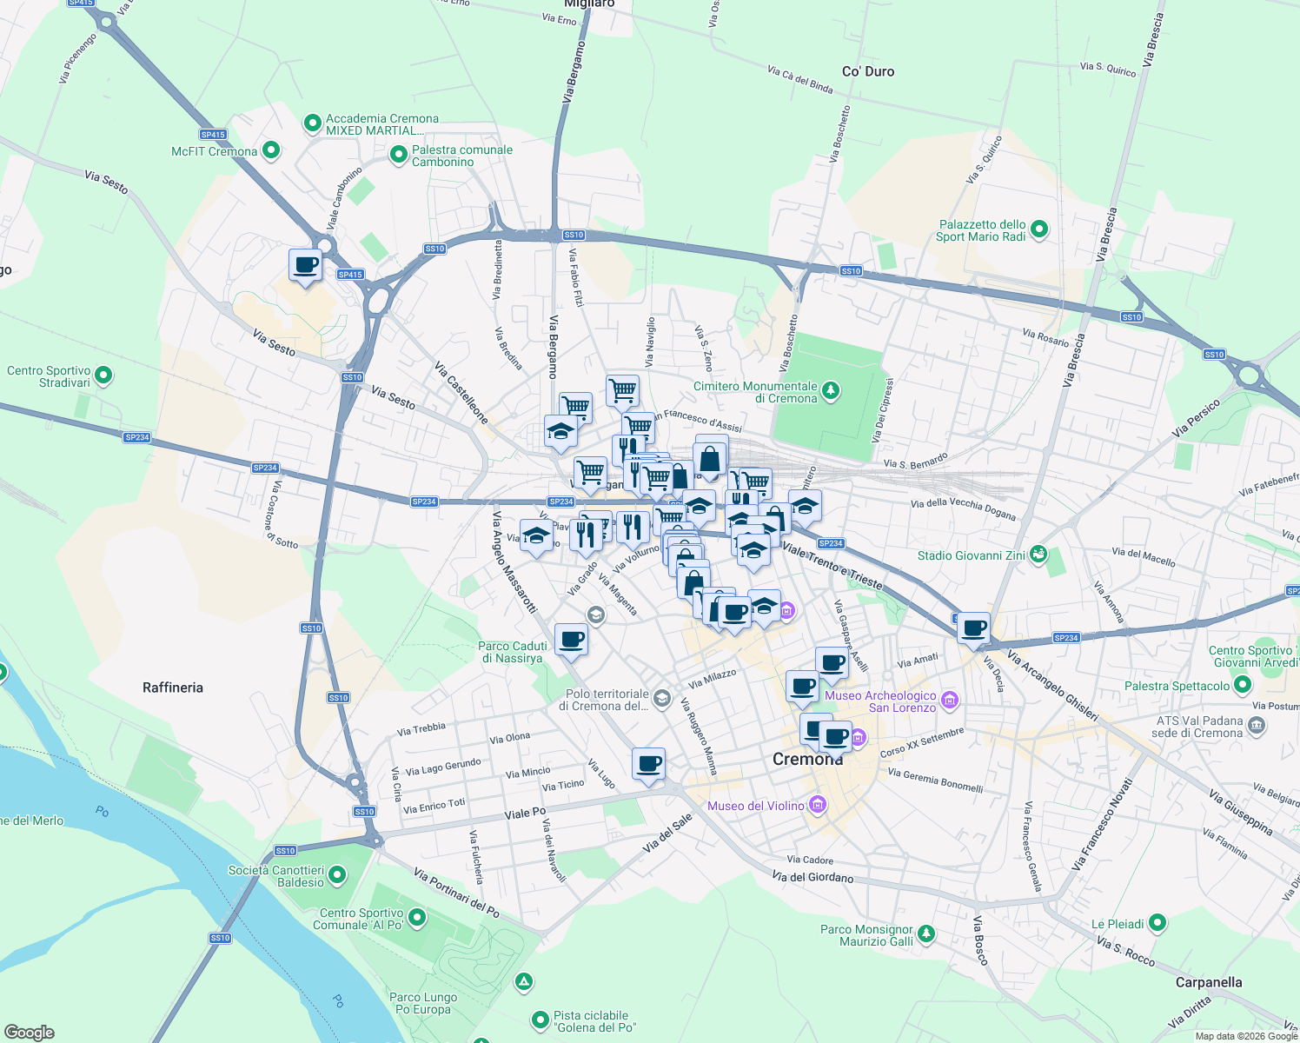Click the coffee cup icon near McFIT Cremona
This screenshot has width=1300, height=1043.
pos(305,265)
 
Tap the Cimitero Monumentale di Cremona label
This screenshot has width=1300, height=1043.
pos(755,392)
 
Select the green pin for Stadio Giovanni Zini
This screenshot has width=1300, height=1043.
pos(1038,555)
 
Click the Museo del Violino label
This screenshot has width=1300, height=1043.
pos(756,806)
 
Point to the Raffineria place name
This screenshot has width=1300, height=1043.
pos(173,688)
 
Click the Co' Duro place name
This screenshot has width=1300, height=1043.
pos(868,71)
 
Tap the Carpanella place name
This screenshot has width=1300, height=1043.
pos(1208,982)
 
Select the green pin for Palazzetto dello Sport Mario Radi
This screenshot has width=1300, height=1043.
pos(1038,230)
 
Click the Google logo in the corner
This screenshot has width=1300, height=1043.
pos(29,1032)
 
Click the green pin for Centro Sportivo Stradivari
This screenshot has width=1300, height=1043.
pos(103,376)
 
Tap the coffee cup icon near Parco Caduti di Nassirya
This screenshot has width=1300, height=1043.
pos(571,641)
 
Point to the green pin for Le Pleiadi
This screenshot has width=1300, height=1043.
pos(1157,923)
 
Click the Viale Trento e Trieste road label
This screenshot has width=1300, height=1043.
pos(832,565)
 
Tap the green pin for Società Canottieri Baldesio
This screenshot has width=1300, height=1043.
pos(337,876)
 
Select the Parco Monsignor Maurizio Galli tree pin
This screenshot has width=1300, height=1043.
pos(927,934)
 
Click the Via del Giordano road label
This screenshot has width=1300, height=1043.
pos(812,877)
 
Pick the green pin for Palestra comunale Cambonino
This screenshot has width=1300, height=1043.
pos(398,156)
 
